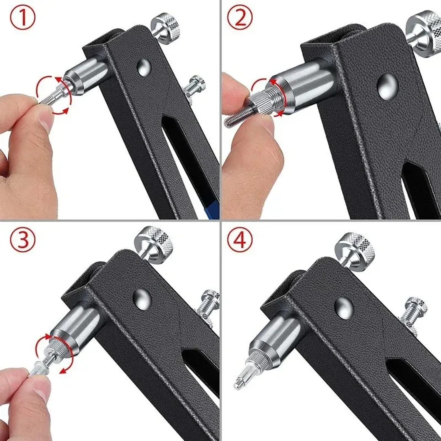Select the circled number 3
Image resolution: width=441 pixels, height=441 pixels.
[x=23, y=239]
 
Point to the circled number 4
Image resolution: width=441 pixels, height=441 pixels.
[x=240, y=239]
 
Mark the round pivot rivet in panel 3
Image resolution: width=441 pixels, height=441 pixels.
[x=142, y=296]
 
